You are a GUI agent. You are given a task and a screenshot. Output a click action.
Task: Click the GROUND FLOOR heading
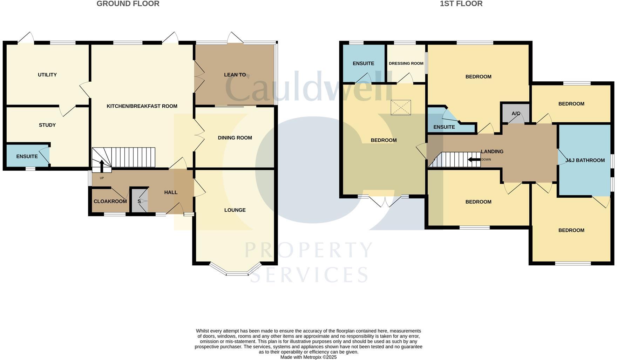[128, 4]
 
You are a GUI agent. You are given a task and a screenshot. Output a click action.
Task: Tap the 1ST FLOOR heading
[461, 4]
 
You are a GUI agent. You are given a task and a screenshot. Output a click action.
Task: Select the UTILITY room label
[47, 75]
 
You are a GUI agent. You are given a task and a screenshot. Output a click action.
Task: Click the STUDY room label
[47, 125]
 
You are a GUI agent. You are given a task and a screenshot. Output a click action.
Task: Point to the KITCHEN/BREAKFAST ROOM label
[142, 106]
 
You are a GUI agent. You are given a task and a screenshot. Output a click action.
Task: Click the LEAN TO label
[235, 75]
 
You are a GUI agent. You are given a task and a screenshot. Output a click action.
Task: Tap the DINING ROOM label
[235, 138]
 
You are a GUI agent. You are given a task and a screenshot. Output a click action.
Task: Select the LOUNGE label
[235, 210]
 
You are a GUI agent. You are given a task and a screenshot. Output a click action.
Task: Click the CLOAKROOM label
[110, 202]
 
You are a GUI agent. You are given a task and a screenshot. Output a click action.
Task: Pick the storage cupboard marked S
[139, 202]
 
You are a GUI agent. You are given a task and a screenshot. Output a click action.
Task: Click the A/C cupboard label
[516, 114]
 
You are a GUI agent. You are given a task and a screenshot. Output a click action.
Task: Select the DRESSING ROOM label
[406, 63]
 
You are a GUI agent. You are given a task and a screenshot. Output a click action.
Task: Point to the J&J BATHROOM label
[585, 160]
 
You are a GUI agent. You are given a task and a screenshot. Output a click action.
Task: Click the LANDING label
[492, 151]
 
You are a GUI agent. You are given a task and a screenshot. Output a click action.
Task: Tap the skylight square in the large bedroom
[401, 108]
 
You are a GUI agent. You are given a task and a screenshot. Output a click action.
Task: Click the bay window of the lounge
[237, 273]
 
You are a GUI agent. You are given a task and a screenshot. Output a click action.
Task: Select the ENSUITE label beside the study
[27, 156]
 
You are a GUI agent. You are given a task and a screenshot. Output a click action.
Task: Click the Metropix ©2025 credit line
[308, 357]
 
